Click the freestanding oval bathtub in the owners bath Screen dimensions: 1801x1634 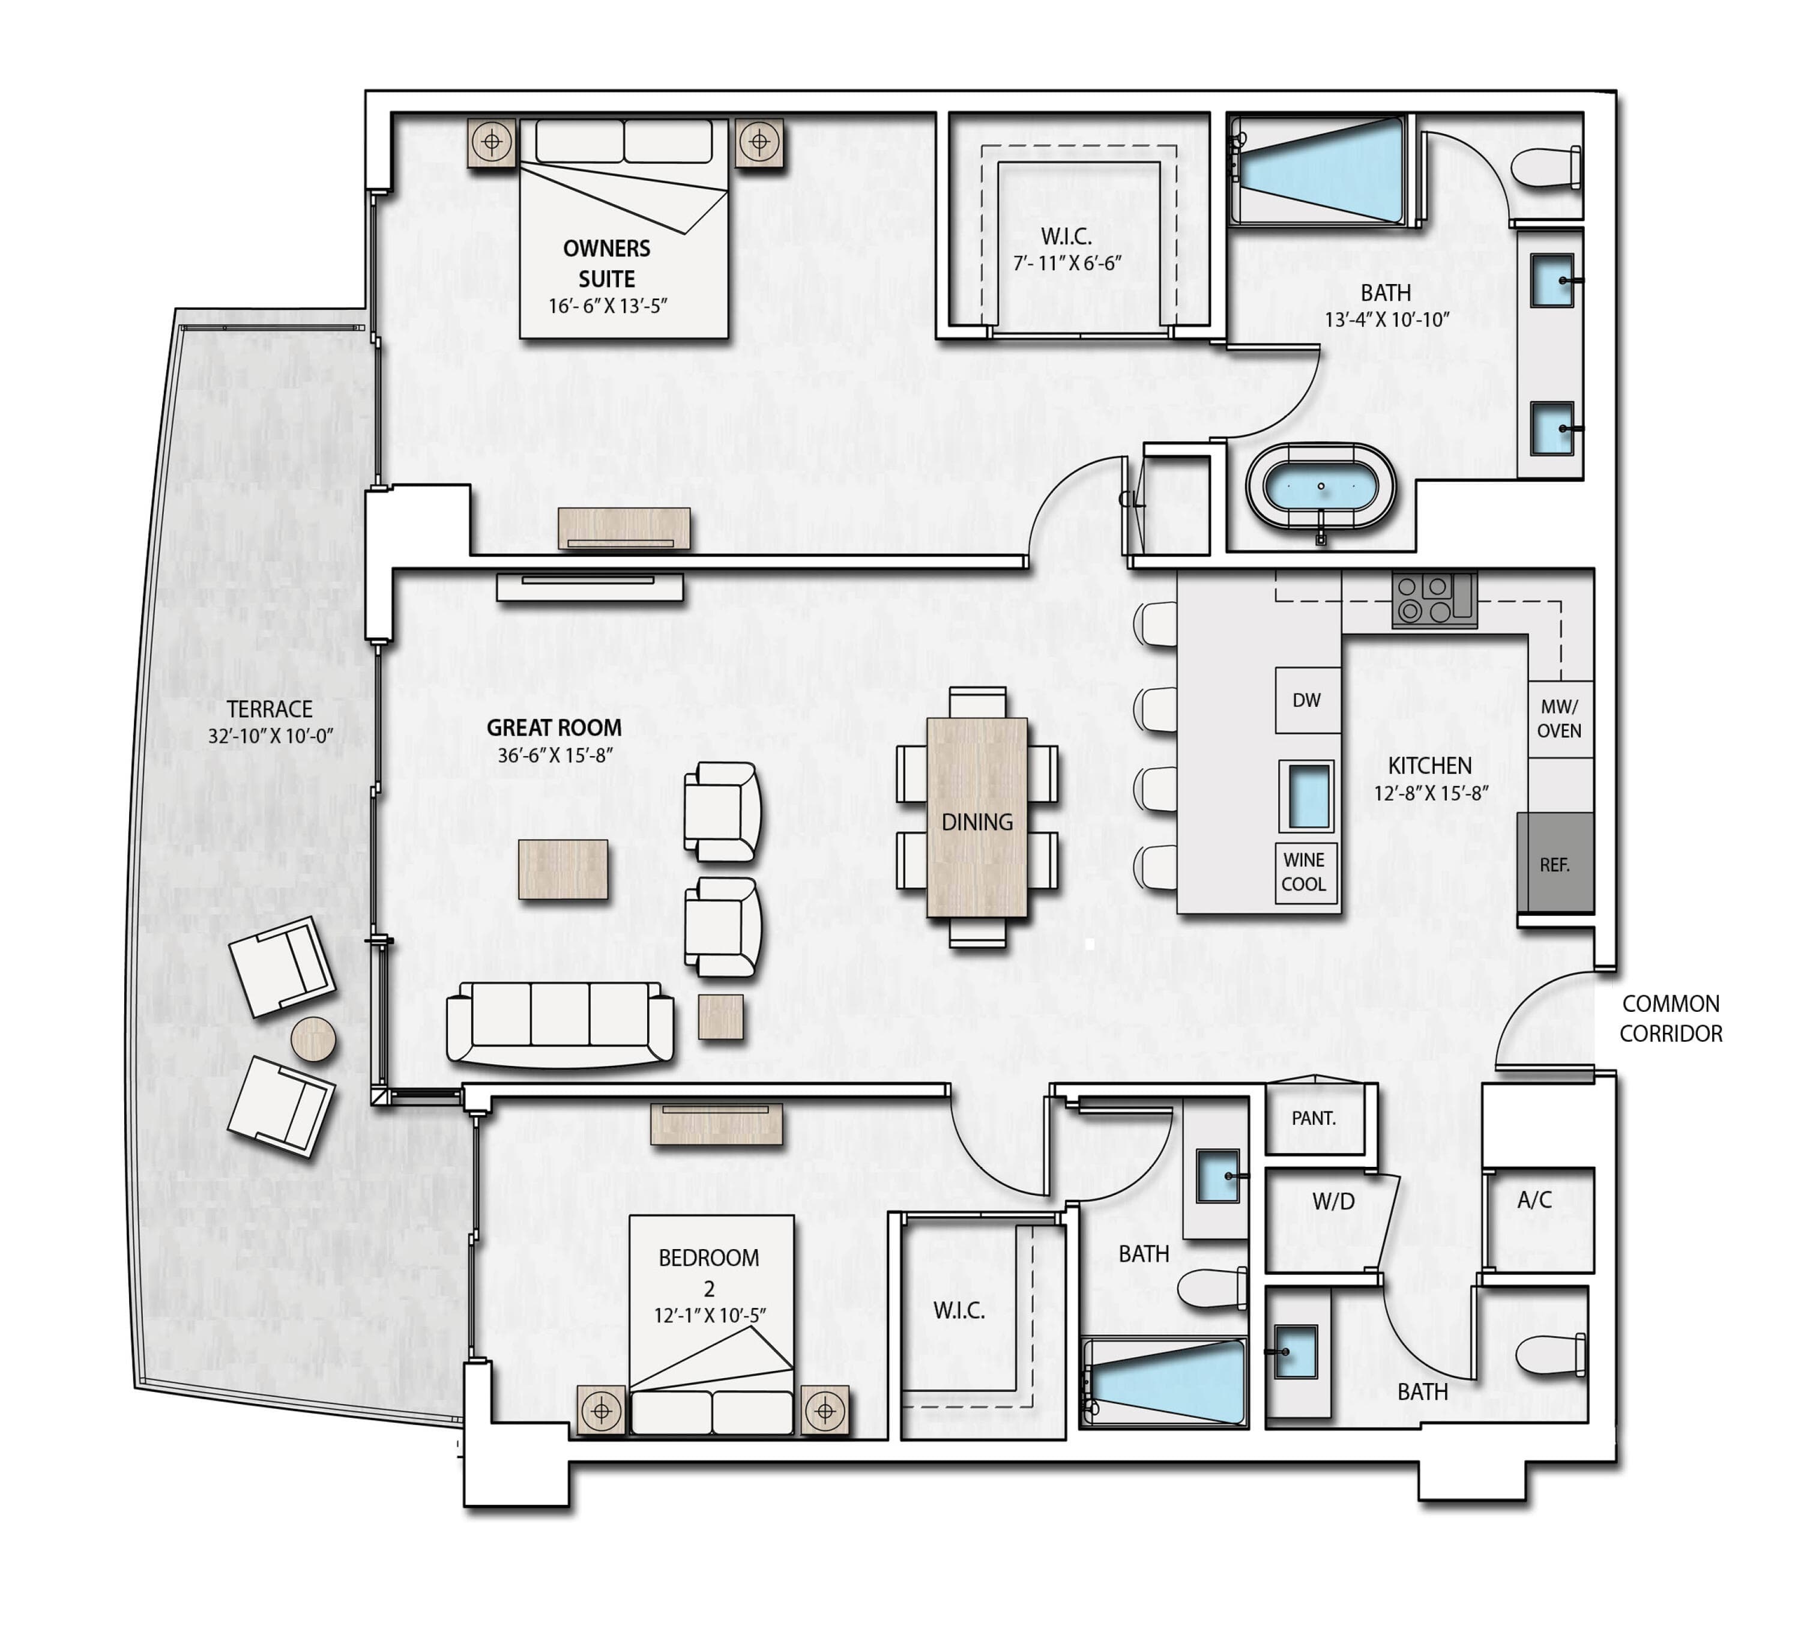(x=1320, y=489)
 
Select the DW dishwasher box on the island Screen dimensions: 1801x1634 (x=1307, y=700)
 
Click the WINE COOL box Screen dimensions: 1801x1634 (x=1305, y=872)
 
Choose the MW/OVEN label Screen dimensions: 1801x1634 (x=1560, y=718)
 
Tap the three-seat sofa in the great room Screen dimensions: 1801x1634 (x=560, y=1024)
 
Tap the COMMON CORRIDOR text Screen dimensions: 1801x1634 (x=1671, y=1018)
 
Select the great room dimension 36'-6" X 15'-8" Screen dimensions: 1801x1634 (x=555, y=755)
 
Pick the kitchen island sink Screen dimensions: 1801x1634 (x=1306, y=795)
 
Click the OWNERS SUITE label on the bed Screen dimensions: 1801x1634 (x=606, y=264)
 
